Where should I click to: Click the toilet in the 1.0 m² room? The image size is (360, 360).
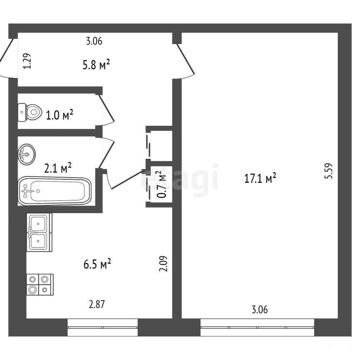(30, 112)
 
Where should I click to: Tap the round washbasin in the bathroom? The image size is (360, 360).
(27, 154)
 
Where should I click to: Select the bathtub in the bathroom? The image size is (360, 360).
(54, 191)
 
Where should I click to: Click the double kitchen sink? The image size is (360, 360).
(39, 232)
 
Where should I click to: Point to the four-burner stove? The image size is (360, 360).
(40, 284)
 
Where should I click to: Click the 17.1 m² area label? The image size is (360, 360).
(260, 178)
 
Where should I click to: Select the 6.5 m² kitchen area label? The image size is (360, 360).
(97, 264)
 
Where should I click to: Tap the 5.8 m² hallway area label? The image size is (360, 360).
(96, 65)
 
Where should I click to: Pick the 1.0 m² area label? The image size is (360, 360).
(60, 115)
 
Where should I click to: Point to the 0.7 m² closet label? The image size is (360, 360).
(162, 185)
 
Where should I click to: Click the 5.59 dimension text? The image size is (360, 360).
(328, 171)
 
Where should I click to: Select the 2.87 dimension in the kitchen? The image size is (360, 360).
(97, 304)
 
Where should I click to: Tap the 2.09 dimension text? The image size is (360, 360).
(163, 264)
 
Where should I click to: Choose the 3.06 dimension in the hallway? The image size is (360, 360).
(94, 41)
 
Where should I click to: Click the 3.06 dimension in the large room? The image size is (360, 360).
(260, 309)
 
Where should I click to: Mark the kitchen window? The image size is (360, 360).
(103, 328)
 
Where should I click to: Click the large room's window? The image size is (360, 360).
(257, 328)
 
